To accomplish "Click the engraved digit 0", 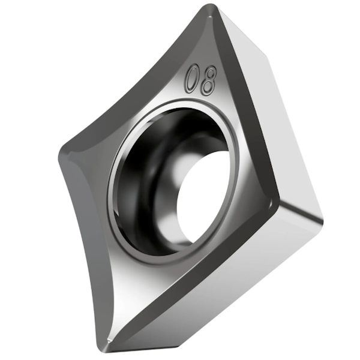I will click(193, 79).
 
